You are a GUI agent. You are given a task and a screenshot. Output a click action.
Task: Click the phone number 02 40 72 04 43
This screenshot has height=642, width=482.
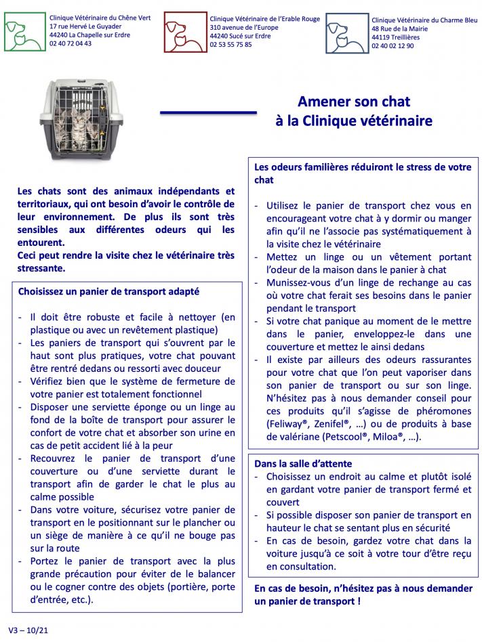[71, 43]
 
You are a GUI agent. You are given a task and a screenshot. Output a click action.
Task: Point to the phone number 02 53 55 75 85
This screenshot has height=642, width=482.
[231, 44]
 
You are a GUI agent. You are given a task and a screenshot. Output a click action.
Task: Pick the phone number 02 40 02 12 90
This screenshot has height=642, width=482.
[393, 46]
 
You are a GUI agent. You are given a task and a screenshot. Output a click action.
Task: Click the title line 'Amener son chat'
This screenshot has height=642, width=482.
[355, 102]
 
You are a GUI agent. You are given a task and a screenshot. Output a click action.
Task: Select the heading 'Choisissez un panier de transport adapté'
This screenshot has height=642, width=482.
[108, 291]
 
